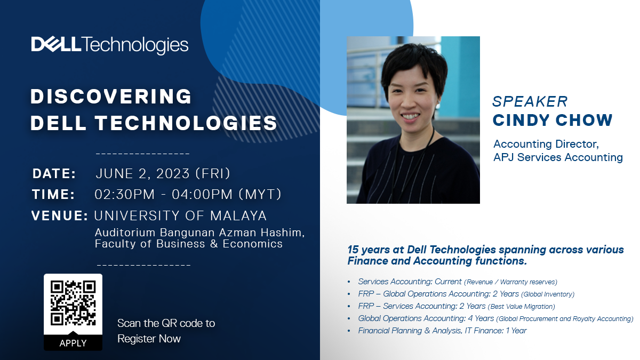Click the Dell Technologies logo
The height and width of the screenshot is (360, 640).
click(110, 45)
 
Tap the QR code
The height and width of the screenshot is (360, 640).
click(73, 303)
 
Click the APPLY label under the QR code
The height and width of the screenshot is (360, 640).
click(73, 343)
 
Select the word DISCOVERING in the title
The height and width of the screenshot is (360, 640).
click(111, 97)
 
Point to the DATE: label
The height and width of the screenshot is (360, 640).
click(54, 173)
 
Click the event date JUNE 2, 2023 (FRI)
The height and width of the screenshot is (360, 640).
click(163, 173)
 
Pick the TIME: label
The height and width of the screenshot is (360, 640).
click(53, 194)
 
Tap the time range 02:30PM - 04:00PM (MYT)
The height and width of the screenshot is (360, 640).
click(188, 194)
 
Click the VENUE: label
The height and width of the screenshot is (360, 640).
click(59, 215)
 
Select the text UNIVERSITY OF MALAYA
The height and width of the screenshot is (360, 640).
click(180, 215)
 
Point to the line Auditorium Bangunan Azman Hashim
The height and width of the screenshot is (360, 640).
click(199, 233)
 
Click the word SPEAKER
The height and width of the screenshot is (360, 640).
click(530, 101)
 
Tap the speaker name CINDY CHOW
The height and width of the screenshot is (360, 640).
click(553, 120)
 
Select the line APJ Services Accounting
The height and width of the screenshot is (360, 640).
click(558, 157)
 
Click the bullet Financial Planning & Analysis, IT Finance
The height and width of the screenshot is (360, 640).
click(442, 331)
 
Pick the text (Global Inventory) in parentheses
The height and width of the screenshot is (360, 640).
click(548, 294)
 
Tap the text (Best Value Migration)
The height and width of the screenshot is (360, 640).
click(522, 307)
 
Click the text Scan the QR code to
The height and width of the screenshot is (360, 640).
click(166, 323)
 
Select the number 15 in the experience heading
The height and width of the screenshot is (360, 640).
click(353, 250)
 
